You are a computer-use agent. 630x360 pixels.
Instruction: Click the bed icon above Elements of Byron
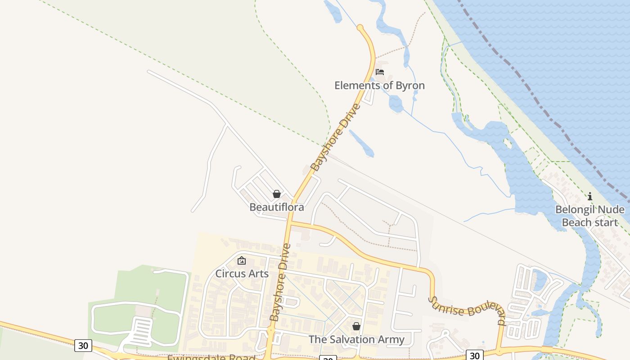pos(380,72)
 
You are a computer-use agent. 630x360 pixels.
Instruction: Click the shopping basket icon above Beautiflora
pos(277,194)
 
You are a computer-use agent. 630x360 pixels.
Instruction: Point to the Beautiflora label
pos(277,207)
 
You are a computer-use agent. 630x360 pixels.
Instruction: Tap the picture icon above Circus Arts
pos(242,260)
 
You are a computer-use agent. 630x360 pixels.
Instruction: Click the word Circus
pos(229,274)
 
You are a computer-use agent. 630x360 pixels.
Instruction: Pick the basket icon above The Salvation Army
pos(356,326)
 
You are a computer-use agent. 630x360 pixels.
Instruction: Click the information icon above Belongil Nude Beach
pos(589,196)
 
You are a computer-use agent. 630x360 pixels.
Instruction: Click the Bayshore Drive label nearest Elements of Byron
pos(336,138)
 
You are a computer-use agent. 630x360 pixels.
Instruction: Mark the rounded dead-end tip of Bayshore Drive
pos(360,28)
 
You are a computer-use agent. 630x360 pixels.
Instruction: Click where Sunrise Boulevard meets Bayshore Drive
pos(290,222)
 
